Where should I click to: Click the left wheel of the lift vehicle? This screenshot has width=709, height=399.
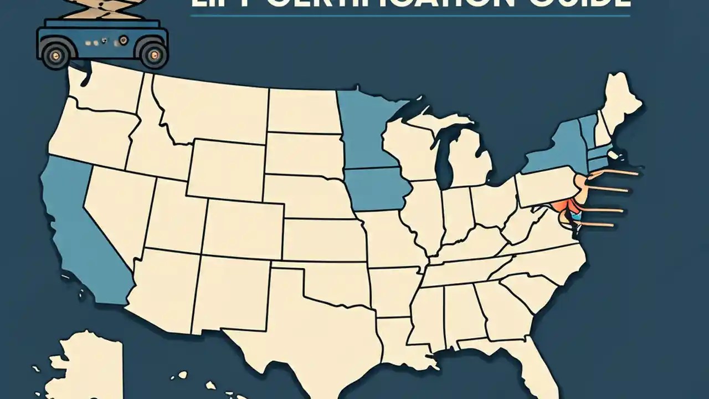55,54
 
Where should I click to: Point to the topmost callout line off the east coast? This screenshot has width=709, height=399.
615,173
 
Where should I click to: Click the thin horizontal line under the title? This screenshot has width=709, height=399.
410,16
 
